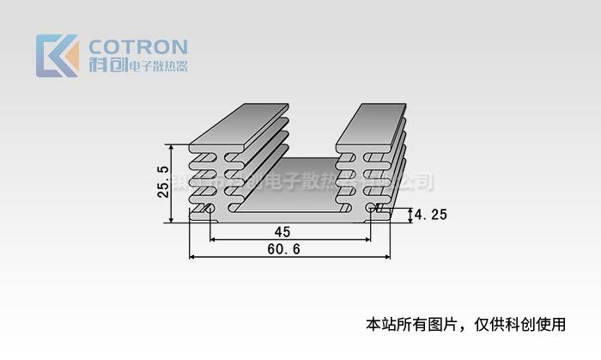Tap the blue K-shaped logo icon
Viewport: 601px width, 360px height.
[57, 56]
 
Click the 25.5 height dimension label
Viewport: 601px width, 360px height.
[162, 183]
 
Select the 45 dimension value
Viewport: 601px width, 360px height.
[282, 231]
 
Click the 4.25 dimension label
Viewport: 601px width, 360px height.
[430, 215]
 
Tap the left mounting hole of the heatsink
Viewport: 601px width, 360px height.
[208, 208]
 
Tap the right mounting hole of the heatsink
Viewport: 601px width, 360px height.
[371, 208]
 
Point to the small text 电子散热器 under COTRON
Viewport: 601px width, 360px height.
[157, 66]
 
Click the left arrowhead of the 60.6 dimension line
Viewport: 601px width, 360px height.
[192, 256]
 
